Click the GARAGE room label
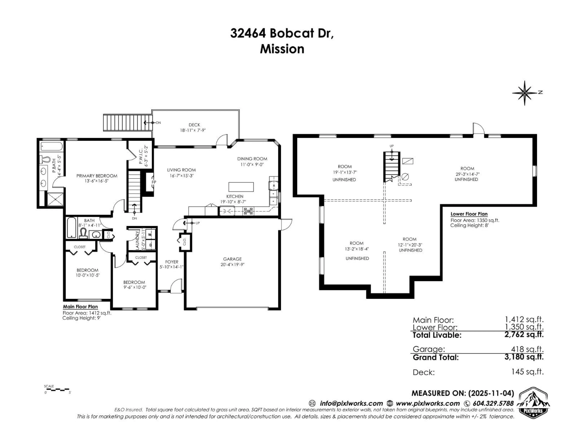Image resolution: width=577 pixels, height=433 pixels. pos(232,259)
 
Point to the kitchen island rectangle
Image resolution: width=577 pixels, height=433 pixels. pos(241,187)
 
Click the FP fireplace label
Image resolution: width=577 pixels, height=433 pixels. pos(154,182)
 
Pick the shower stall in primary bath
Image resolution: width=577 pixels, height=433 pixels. pos(55,200)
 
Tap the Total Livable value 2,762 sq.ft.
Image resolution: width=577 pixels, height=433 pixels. pos(524,335)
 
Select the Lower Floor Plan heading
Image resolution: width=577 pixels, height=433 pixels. pos(469,214)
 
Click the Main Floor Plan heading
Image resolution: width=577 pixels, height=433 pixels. pos(80,307)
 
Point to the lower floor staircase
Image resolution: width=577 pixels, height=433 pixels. pos(391,167)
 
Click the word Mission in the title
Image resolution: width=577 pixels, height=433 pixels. pos(282,49)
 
